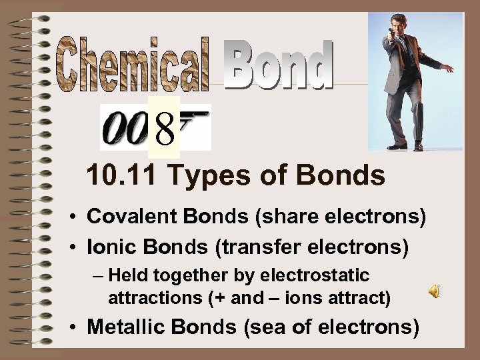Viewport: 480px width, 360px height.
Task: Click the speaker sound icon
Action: coord(434,291)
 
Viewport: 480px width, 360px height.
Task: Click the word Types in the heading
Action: coord(203,176)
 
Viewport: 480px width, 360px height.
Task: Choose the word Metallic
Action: coord(125,327)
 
